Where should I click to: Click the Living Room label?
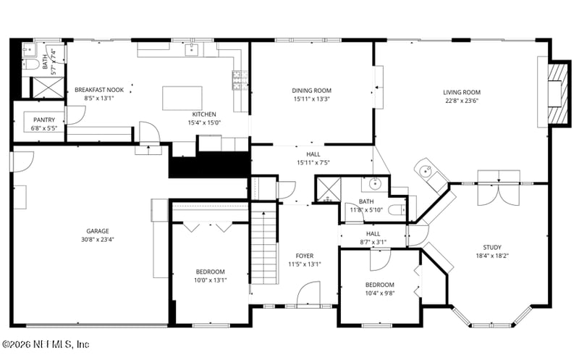[462, 92]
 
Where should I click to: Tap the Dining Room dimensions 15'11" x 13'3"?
[312, 99]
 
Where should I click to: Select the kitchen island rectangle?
[182, 98]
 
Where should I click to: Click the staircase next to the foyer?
[264, 246]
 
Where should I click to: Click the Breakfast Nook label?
[99, 90]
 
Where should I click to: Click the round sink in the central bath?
[375, 183]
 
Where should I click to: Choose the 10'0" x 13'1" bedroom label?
[210, 272]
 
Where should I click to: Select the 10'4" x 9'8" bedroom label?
[379, 285]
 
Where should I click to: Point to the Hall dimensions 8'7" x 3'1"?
[373, 242]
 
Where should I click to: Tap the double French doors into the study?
[498, 185]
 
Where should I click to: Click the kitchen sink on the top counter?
[193, 49]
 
